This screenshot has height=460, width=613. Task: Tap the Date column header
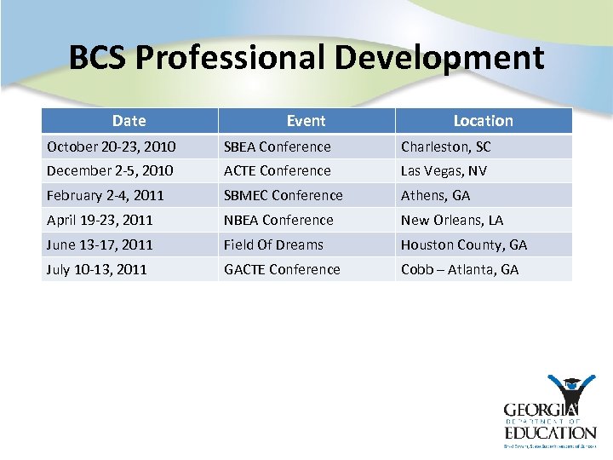coord(129,121)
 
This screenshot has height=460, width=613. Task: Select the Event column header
coord(306,121)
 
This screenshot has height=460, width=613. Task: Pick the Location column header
coord(483,121)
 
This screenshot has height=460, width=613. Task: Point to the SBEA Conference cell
coord(277,147)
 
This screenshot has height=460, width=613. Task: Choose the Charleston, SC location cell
coord(445,147)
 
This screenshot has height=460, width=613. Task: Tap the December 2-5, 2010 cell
coord(110,170)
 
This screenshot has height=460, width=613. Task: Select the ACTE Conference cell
coord(277,170)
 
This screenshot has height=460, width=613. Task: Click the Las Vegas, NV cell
coord(444,170)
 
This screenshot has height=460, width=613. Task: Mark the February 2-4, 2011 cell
coord(105,195)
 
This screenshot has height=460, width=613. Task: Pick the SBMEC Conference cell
coord(283,195)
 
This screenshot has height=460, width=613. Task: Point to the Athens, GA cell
coord(435,195)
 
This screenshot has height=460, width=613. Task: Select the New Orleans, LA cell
coord(452,220)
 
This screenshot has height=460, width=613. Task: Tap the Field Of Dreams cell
coord(273,244)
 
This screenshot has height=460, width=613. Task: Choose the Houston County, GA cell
coord(464,244)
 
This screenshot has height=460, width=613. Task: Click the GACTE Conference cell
coord(282,269)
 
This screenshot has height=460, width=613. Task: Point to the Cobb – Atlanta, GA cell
coord(460,269)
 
